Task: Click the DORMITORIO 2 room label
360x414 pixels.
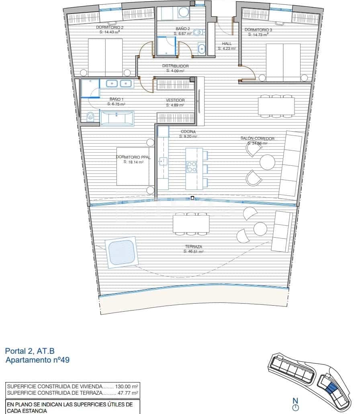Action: pos(110,27)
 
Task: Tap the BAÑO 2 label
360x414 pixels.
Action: pos(182,29)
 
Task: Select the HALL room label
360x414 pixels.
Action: pos(227,44)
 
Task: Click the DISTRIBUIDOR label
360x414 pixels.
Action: pos(175,66)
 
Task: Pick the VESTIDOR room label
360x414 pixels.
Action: pos(175,100)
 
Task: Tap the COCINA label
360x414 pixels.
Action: pos(188,132)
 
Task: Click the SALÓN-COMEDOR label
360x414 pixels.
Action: pos(257,138)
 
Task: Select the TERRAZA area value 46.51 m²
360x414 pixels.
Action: pos(193,251)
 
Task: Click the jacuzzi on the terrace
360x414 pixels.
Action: pos(121,252)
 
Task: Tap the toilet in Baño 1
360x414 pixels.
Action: pos(90,117)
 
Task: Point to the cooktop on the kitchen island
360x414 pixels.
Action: pos(191,166)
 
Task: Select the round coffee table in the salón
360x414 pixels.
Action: pos(268,162)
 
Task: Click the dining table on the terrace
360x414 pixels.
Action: pos(191,224)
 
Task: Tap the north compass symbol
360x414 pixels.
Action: pos(296,408)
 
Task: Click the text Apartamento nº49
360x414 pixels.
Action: pos(37,360)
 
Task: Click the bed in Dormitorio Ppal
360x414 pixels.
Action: pos(133,169)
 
